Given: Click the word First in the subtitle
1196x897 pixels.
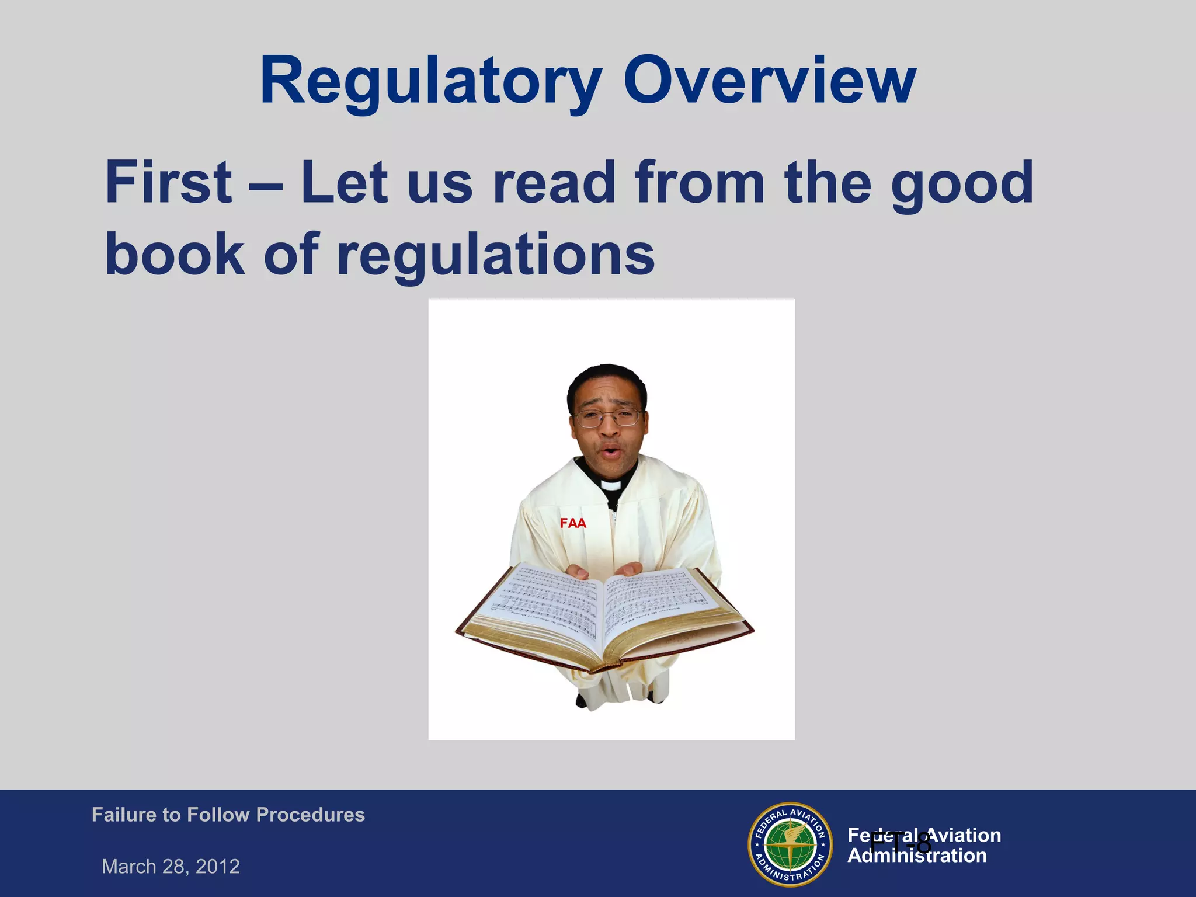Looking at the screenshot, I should click(x=168, y=182).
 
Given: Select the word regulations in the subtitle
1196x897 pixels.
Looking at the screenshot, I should click(x=496, y=255).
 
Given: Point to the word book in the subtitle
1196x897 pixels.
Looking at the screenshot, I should click(x=175, y=253).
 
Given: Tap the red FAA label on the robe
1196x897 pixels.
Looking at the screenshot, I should click(x=572, y=523).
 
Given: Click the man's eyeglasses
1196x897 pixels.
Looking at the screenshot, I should click(x=608, y=417).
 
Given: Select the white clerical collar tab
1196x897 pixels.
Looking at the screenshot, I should click(x=610, y=485).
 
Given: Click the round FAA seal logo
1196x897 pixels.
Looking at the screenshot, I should click(x=790, y=844).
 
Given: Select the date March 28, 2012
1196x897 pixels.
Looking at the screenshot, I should click(x=171, y=866).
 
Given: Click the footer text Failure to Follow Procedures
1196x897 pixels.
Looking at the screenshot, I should click(x=228, y=815).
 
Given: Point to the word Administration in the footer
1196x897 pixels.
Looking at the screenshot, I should click(x=917, y=856).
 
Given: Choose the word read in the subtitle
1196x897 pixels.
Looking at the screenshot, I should click(x=554, y=182).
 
